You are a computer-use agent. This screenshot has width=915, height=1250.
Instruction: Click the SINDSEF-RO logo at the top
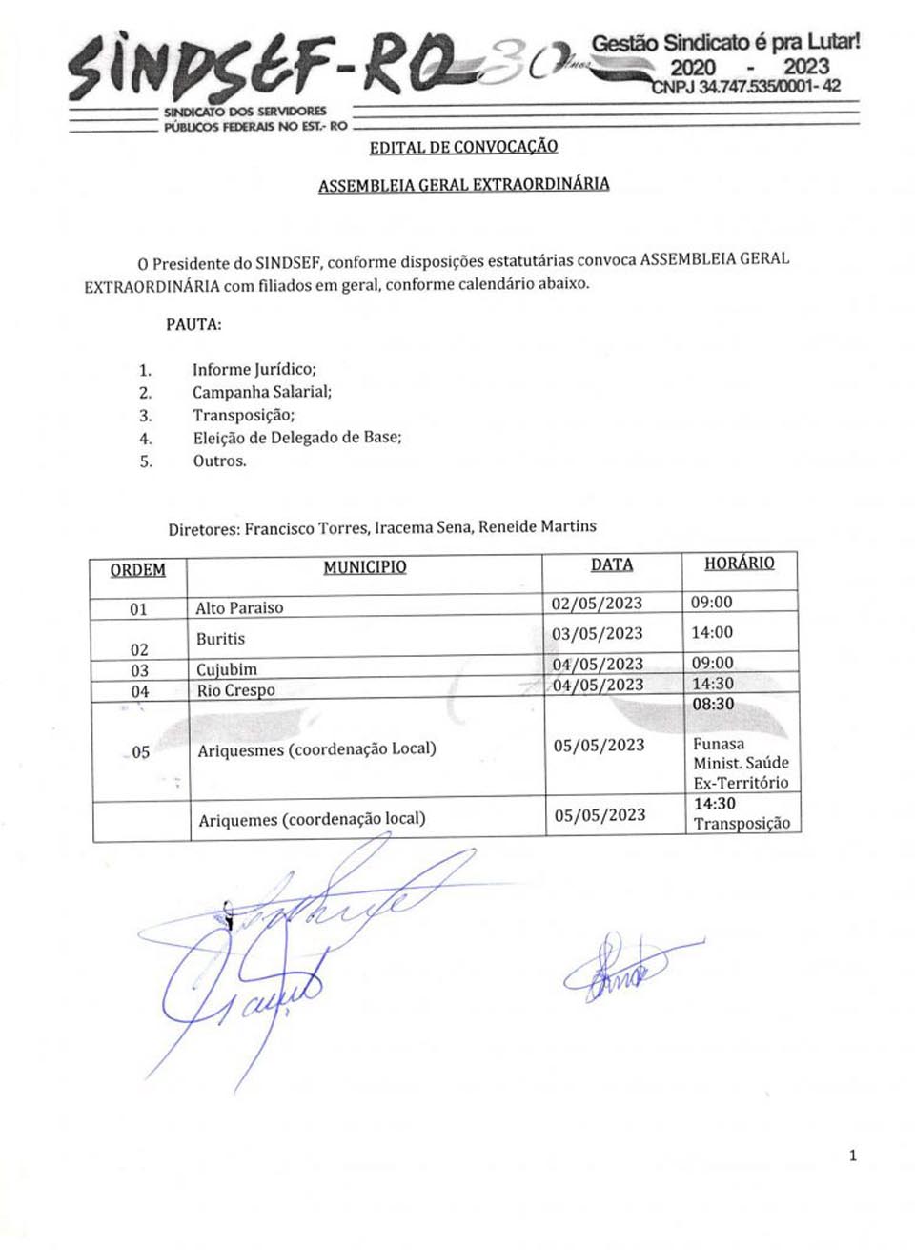tap(257, 67)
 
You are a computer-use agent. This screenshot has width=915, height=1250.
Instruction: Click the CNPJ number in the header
tap(745, 87)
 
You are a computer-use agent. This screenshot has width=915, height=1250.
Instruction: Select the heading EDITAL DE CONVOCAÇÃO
tap(463, 147)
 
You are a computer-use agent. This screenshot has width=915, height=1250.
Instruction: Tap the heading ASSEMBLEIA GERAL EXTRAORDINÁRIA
tap(463, 184)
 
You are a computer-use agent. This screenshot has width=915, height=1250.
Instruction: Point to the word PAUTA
tap(193, 324)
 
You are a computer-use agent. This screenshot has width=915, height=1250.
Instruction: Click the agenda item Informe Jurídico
tap(254, 369)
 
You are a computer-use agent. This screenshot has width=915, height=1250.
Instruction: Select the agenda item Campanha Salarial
tap(262, 392)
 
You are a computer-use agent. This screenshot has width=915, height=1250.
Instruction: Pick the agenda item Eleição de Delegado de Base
tap(297, 438)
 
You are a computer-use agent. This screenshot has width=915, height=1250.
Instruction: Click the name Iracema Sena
tap(422, 526)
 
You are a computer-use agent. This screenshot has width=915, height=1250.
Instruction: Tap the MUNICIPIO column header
tap(364, 567)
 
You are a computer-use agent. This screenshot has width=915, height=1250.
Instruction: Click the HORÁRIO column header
tap(739, 564)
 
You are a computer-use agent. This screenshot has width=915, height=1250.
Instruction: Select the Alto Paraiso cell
tap(239, 607)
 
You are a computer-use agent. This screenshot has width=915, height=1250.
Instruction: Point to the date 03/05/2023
tap(597, 634)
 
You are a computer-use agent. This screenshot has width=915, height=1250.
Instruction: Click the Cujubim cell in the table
tap(227, 669)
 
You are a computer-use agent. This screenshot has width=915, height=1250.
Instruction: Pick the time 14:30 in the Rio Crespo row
tap(712, 684)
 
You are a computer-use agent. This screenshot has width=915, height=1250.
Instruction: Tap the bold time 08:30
tap(713, 705)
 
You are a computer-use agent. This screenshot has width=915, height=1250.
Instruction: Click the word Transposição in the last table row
tap(742, 824)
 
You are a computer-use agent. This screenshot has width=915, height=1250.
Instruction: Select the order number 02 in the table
tap(139, 649)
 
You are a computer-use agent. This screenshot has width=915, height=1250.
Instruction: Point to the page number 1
tap(852, 1156)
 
